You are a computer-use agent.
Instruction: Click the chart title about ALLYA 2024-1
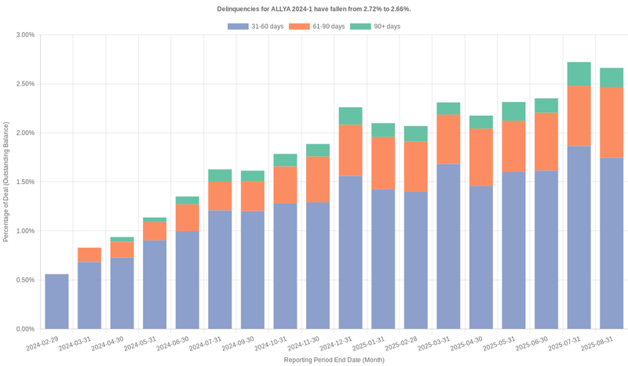coord(314,9)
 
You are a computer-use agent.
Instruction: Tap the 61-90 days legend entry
coord(316,27)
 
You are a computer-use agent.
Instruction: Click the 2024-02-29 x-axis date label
coord(42,345)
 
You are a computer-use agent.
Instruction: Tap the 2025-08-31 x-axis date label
coord(597,345)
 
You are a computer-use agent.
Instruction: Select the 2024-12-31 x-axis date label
coord(336,345)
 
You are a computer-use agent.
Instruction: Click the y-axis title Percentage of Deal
coord(6,182)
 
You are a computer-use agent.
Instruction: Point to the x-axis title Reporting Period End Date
coord(334,360)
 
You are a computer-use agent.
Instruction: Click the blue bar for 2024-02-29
coord(57,302)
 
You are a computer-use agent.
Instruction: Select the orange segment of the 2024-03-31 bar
coord(89,255)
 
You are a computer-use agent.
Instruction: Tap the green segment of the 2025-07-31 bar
coord(579,74)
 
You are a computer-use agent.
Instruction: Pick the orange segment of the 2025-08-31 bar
coord(612,122)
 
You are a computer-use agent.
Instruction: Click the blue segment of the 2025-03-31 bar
coord(448,246)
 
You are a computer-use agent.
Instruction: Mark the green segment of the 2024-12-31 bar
coord(350,116)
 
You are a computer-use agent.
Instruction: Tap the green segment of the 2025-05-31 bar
coord(513,111)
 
